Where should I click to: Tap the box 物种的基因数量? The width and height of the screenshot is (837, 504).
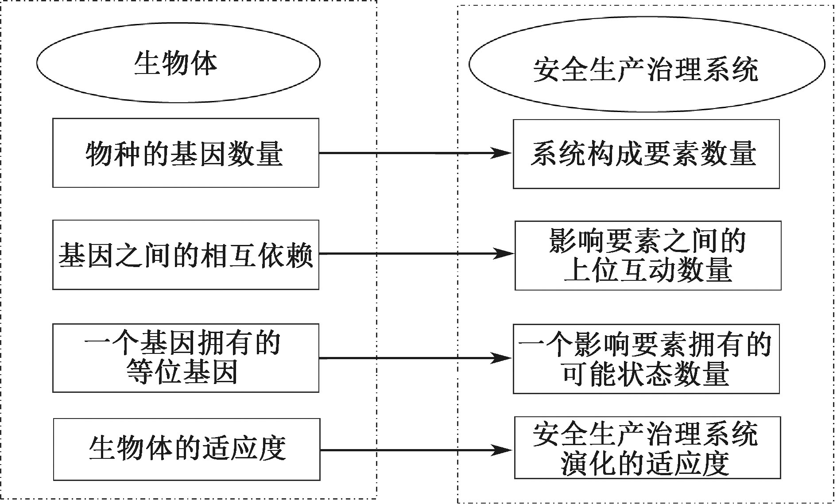(x=186, y=153)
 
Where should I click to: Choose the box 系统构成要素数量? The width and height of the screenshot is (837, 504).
(x=646, y=154)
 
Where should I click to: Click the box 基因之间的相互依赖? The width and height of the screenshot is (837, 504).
(x=186, y=255)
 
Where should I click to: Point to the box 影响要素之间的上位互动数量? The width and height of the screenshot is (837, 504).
(x=647, y=256)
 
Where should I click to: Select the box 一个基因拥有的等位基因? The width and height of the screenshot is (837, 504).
(x=186, y=358)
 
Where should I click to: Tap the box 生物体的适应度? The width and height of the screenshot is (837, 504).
(x=186, y=450)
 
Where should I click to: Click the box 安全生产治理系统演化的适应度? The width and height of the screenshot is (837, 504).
(x=647, y=448)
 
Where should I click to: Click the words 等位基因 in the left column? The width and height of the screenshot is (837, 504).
(x=182, y=372)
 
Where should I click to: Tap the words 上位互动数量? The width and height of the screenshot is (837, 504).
(x=647, y=270)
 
